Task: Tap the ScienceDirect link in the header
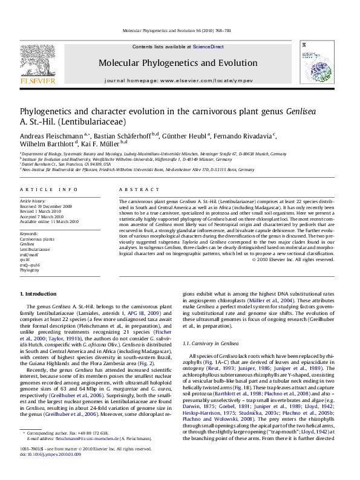[x=208, y=47]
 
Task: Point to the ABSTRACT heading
[x=134, y=189]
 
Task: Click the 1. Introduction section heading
[x=39, y=293]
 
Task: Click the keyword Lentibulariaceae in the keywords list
[x=35, y=249]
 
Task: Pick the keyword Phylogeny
[x=29, y=270]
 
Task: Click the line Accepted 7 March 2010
[x=46, y=216]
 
